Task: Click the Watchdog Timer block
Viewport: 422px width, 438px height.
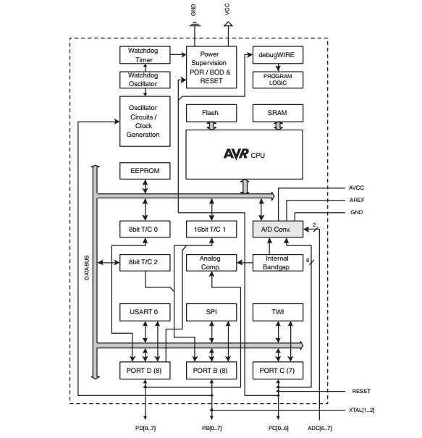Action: tap(144, 55)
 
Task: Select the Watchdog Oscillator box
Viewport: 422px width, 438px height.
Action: tap(144, 79)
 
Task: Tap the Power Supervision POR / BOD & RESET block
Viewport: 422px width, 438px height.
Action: tap(211, 67)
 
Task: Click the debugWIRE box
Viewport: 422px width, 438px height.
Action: tap(277, 54)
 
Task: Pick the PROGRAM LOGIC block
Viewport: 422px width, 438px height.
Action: tap(277, 80)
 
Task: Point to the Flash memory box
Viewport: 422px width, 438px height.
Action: tap(211, 113)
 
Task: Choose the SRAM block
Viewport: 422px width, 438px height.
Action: tap(277, 113)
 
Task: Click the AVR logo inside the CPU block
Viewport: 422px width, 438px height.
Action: tap(235, 153)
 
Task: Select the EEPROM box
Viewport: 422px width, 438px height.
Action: tap(145, 172)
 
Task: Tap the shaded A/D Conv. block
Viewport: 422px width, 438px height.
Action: tap(277, 229)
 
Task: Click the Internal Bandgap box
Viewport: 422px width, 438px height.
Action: tap(277, 262)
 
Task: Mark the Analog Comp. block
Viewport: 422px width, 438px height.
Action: tap(211, 262)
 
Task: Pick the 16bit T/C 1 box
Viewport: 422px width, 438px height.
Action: tap(211, 229)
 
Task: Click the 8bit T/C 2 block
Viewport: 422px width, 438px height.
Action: tap(144, 262)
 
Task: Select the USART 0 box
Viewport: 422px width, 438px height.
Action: tap(144, 312)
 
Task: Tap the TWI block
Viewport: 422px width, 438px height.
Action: tap(277, 312)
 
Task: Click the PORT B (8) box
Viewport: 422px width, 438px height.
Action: tap(211, 369)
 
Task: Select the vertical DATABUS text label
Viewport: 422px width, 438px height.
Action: tap(86, 269)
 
